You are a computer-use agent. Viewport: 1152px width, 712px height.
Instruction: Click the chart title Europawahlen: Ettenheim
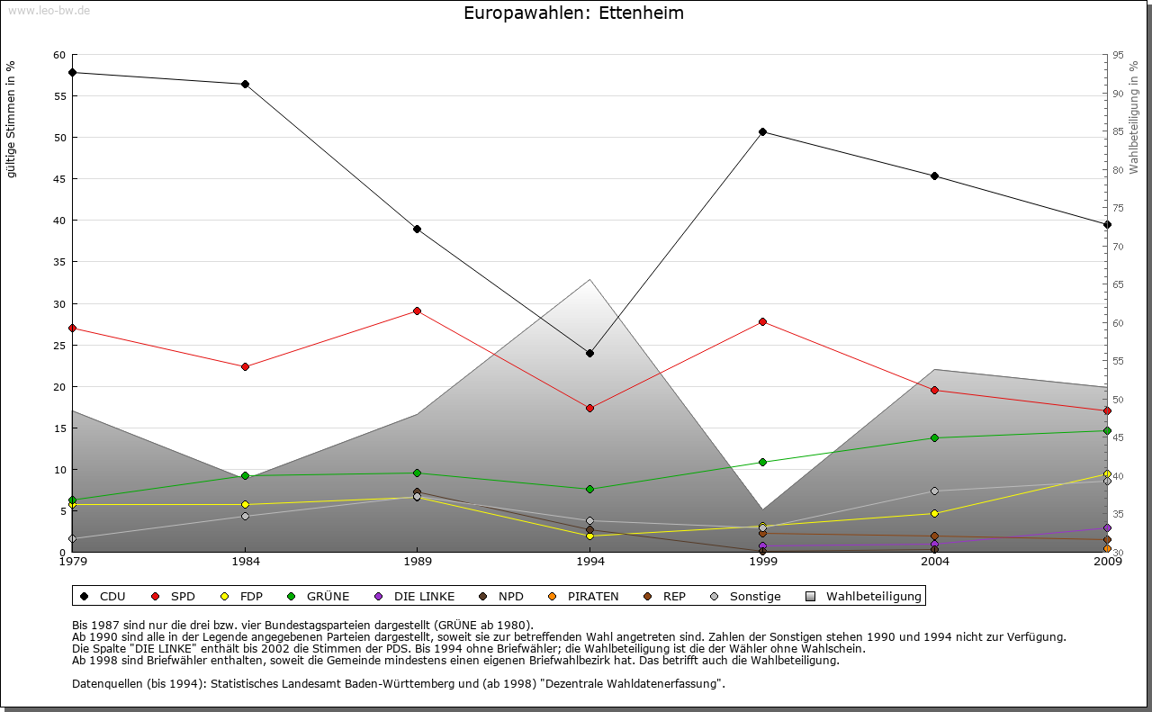click(x=573, y=13)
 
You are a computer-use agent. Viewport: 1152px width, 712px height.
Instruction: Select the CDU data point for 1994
click(x=589, y=353)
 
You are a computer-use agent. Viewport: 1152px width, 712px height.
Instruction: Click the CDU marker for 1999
click(x=762, y=131)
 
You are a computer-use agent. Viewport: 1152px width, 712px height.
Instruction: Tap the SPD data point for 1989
click(x=417, y=311)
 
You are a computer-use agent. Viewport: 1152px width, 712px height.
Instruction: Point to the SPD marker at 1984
click(x=245, y=366)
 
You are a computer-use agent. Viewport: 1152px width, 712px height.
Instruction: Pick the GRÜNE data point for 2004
click(x=934, y=437)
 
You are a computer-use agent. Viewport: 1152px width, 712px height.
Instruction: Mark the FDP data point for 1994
click(x=589, y=536)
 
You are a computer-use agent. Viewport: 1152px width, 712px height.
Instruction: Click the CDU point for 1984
click(x=245, y=84)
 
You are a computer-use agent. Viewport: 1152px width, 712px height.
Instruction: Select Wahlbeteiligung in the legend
click(x=864, y=596)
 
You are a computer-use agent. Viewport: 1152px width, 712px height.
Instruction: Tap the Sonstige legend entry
click(x=746, y=596)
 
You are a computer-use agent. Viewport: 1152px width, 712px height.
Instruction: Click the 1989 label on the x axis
click(x=417, y=562)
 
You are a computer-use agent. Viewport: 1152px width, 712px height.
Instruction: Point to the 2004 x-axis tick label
click(x=934, y=562)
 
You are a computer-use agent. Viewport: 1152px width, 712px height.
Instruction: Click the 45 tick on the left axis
click(x=59, y=179)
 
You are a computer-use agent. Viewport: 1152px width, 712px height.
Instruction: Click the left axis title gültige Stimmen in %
click(x=11, y=119)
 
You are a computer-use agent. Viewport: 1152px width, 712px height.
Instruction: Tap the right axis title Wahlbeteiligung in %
click(x=1134, y=117)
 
